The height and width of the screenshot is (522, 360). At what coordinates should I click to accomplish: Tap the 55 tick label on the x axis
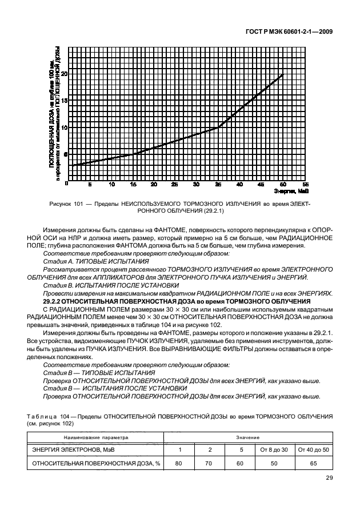305,185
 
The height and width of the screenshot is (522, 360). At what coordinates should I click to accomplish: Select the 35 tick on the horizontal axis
218,185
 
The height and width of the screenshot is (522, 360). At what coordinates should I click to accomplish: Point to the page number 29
329,479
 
